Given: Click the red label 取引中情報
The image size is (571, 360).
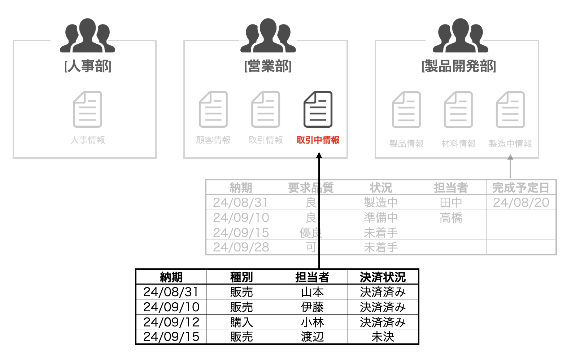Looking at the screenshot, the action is click(318, 140).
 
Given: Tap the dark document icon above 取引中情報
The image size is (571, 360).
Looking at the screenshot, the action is click(318, 109).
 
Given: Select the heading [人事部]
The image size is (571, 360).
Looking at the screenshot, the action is click(88, 66).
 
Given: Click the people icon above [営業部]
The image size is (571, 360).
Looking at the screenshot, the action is click(268, 35).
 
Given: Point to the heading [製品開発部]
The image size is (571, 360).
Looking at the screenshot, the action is click(459, 66).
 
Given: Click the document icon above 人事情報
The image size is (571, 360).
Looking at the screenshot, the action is click(88, 109).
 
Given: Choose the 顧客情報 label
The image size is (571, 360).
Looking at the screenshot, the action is click(213, 140).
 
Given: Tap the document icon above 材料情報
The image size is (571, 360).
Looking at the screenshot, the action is click(458, 110).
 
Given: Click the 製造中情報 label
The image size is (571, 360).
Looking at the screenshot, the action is click(510, 144).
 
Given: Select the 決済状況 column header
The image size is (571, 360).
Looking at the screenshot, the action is click(383, 277).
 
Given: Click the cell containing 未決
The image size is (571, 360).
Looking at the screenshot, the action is click(383, 337).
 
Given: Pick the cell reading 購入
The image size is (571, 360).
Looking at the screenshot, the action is click(241, 322).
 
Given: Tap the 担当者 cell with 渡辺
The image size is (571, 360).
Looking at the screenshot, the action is click(312, 337).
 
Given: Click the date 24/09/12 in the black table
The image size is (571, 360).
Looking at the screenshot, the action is click(171, 322).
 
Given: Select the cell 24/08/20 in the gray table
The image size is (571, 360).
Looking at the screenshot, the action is click(521, 202).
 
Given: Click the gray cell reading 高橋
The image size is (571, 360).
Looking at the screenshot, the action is click(451, 218).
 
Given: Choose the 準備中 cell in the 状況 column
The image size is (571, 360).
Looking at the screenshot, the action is click(381, 218).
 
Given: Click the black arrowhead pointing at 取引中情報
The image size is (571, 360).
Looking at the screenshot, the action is click(319, 155).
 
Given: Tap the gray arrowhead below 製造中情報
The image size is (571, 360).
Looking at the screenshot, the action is click(510, 157).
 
